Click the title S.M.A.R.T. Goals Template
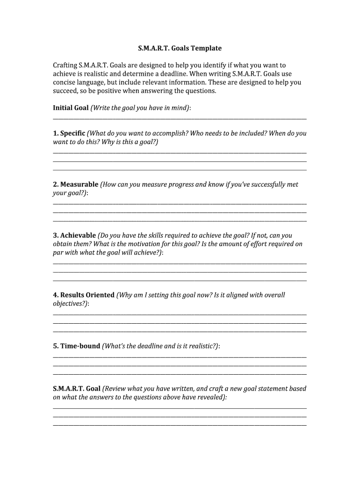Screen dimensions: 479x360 point(180,48)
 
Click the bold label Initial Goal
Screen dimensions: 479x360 point(71,108)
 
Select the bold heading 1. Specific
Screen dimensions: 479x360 point(69,133)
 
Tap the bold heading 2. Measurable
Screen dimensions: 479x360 point(76,184)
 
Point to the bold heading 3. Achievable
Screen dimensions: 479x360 point(74,235)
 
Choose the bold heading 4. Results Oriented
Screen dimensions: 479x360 point(84,295)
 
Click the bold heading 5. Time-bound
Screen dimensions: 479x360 point(77,346)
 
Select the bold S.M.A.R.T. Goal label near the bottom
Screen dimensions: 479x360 point(77,389)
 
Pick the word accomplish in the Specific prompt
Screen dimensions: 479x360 point(169,133)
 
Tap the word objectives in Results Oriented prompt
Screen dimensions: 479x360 point(69,304)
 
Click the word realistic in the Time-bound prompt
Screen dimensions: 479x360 point(202,346)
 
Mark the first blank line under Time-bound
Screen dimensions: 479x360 point(180,357)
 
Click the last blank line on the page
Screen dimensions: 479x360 point(180,425)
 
